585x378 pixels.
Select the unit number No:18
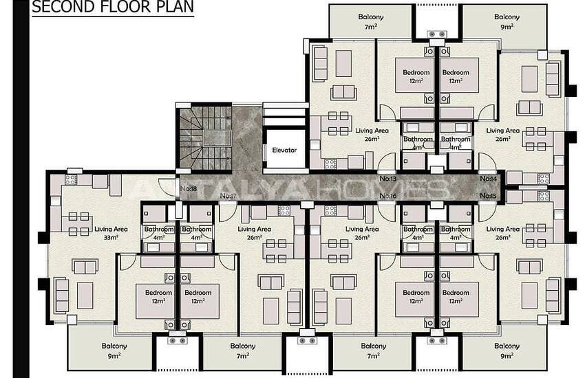188,188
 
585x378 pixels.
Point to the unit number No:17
228,197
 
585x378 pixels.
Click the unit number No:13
388,179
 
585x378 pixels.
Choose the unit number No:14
488,179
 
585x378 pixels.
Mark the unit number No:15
488,197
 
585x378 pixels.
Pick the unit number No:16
388,197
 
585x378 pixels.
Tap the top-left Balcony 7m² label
371,21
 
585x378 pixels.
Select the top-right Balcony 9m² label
507,21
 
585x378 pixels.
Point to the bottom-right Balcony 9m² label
507,351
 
